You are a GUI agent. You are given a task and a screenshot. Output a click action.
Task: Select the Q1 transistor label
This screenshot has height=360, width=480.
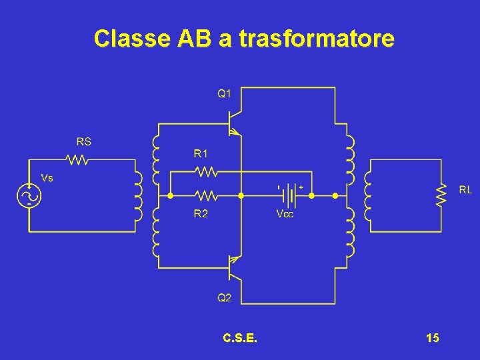pyautogui.click(x=225, y=93)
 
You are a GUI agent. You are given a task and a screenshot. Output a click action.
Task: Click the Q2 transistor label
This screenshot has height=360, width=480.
pyautogui.click(x=225, y=298)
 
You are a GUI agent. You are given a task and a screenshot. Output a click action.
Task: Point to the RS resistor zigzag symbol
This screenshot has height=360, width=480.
pyautogui.click(x=77, y=160)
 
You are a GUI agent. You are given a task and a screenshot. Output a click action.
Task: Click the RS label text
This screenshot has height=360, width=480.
pyautogui.click(x=84, y=141)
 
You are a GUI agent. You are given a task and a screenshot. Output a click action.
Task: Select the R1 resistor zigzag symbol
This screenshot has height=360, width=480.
pyautogui.click(x=207, y=172)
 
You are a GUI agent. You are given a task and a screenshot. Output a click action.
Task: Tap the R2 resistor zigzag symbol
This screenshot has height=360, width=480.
pyautogui.click(x=207, y=196)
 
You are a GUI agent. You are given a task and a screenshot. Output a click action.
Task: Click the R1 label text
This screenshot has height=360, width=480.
pyautogui.click(x=201, y=153)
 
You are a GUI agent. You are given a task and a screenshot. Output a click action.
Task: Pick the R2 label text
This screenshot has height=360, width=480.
pyautogui.click(x=201, y=214)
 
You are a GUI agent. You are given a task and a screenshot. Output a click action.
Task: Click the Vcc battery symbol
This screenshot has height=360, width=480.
pyautogui.click(x=289, y=196)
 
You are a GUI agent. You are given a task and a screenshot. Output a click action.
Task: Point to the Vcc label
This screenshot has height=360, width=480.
pyautogui.click(x=285, y=214)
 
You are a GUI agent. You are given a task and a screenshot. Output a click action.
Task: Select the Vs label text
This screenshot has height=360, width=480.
pyautogui.click(x=47, y=178)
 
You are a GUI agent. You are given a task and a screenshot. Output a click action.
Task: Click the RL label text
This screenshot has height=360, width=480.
pyautogui.click(x=465, y=190)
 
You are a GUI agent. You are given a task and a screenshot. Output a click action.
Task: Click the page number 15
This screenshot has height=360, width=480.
pyautogui.click(x=432, y=339)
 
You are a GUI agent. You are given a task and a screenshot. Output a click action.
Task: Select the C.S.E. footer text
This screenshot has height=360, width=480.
pyautogui.click(x=241, y=339)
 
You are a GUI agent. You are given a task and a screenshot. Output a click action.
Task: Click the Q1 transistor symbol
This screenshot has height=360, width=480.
pyautogui.click(x=233, y=124)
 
